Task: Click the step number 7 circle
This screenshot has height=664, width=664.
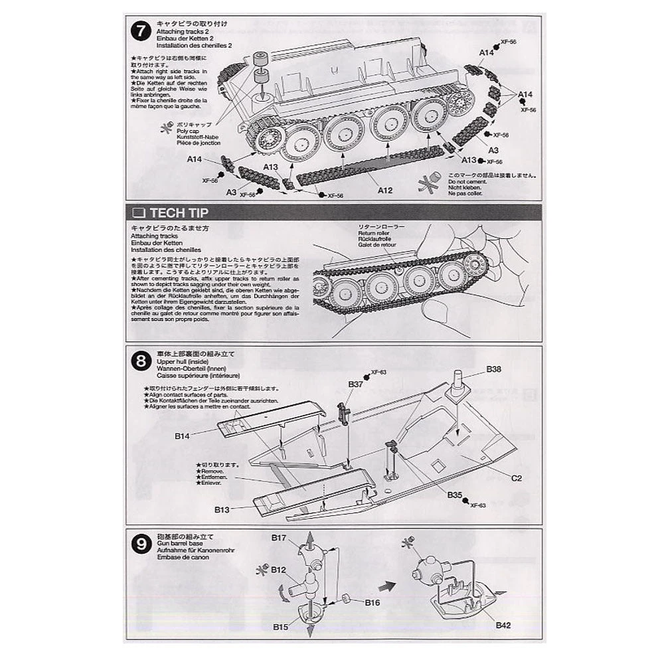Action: (141, 31)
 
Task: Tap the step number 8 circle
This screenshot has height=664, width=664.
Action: (141, 362)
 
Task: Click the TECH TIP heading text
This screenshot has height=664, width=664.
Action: (179, 213)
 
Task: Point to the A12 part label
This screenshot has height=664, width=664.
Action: (386, 191)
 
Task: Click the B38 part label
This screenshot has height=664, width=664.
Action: (493, 369)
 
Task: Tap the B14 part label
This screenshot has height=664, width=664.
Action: (183, 436)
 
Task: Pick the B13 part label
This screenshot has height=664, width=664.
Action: (222, 509)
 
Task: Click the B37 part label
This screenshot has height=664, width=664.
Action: (356, 384)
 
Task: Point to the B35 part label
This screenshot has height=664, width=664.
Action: (454, 495)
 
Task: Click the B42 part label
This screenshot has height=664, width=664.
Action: (503, 625)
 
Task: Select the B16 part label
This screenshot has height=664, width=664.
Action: (373, 602)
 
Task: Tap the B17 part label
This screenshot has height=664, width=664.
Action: (278, 537)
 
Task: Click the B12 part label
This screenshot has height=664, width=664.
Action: (278, 570)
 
